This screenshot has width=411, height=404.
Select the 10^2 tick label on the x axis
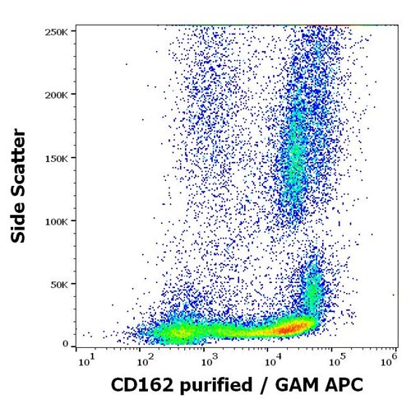click(x=145, y=360)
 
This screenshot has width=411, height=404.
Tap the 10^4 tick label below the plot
click(x=271, y=360)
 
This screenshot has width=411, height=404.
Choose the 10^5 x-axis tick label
click(x=334, y=360)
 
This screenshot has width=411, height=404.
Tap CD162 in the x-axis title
click(x=136, y=385)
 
